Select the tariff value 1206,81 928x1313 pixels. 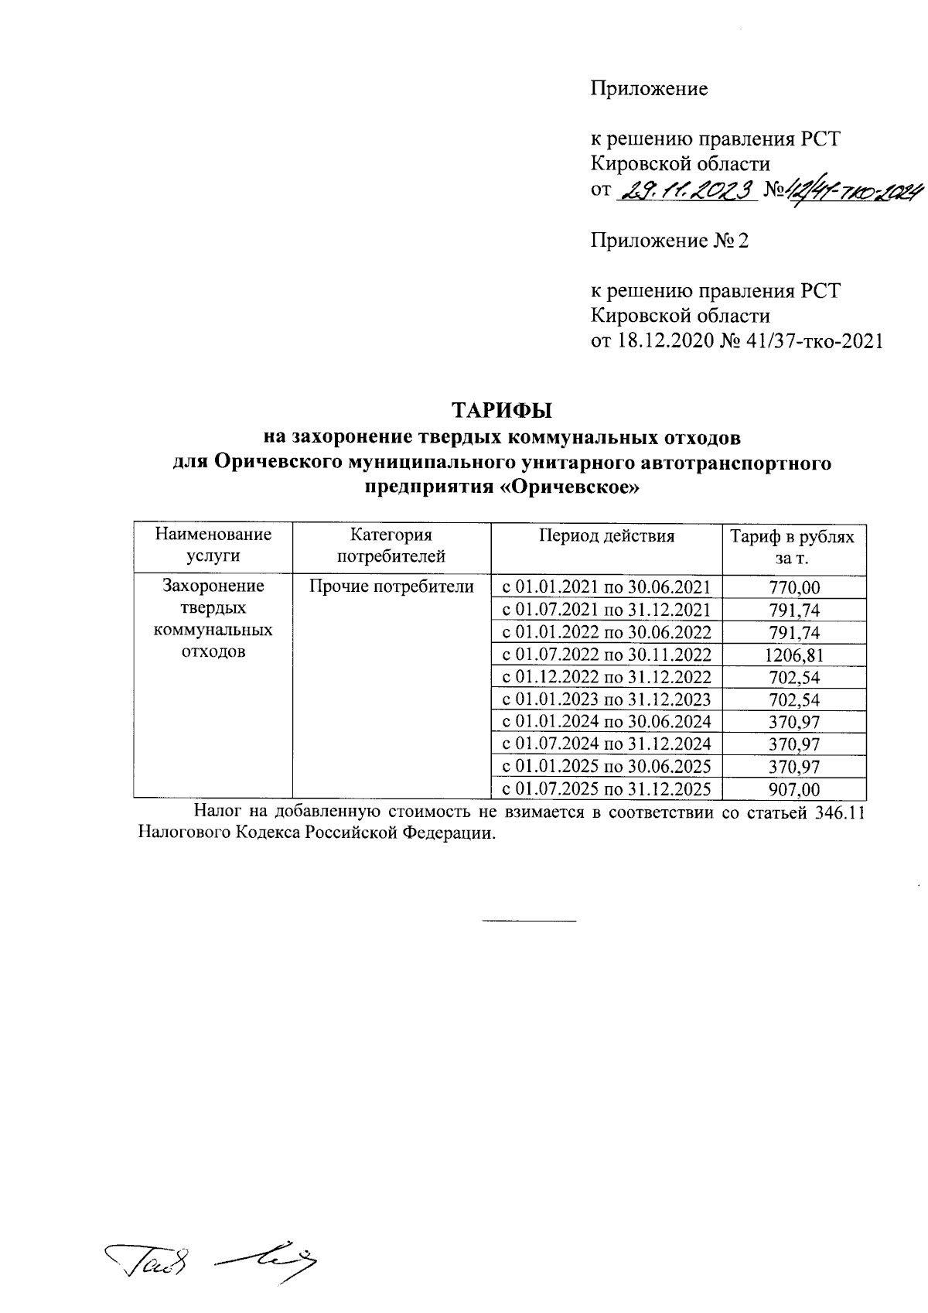793,655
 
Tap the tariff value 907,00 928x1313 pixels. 793,789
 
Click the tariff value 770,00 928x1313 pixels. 793,588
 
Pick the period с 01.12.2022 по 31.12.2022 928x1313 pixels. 606,678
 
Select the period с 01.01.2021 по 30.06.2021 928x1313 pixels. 606,588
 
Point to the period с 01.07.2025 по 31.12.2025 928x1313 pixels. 606,789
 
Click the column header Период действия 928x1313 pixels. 606,536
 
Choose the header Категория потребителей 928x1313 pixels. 391,545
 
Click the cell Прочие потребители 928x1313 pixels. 391,587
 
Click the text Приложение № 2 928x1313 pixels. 670,241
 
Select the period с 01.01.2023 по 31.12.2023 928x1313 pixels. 606,700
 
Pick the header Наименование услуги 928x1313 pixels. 213,545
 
